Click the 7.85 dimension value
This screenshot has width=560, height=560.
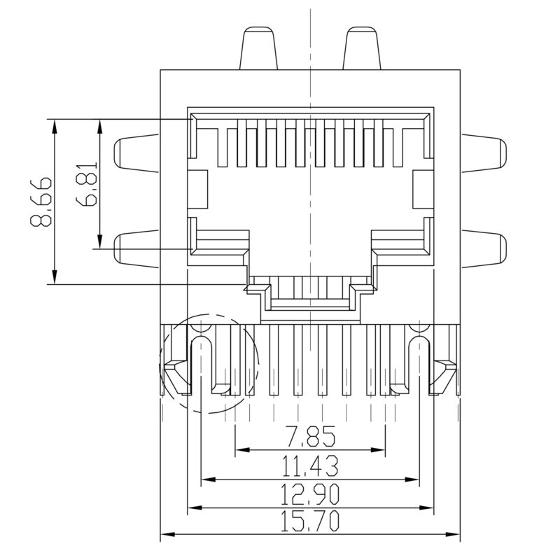tap(310, 438)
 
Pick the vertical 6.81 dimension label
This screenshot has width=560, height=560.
tap(89, 183)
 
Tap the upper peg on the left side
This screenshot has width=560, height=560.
tap(136, 151)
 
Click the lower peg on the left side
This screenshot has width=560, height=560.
tap(136, 248)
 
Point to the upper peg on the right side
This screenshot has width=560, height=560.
tap(484, 151)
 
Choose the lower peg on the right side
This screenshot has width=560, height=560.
tap(484, 248)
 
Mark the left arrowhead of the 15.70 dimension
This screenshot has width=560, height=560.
tap(167, 535)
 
